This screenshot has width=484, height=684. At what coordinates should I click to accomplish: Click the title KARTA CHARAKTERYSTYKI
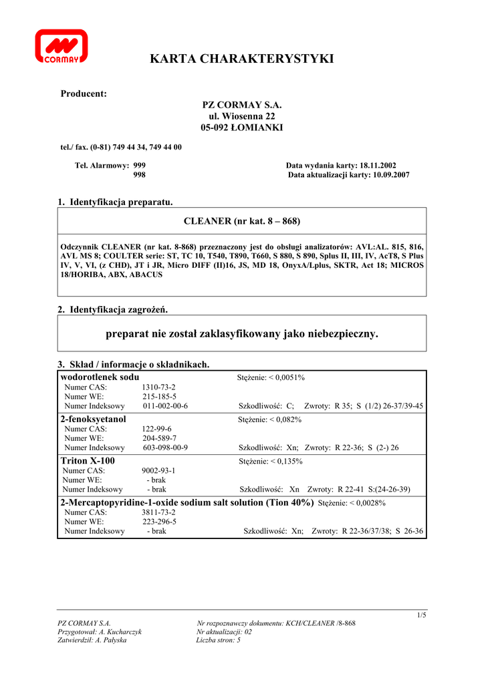click(242, 59)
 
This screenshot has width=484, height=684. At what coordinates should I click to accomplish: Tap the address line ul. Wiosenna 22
click(242, 116)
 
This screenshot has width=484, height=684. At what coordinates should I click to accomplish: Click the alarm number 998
click(140, 175)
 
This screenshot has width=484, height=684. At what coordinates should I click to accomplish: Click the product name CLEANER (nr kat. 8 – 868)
click(242, 220)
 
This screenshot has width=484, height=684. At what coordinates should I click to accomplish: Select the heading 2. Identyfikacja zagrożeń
click(112, 310)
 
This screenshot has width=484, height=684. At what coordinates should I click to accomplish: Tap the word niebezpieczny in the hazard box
click(342, 333)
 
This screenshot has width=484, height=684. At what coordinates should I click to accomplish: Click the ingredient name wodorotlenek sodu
click(100, 377)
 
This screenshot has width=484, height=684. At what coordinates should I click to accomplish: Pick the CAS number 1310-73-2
click(159, 387)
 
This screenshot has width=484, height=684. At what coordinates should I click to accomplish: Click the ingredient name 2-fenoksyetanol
click(93, 419)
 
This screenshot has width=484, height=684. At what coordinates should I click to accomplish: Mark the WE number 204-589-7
click(159, 438)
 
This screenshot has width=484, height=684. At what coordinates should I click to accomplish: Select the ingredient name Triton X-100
click(88, 461)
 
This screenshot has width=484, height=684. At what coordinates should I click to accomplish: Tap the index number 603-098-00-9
click(165, 448)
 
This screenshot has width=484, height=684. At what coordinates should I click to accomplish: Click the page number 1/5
click(421, 615)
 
